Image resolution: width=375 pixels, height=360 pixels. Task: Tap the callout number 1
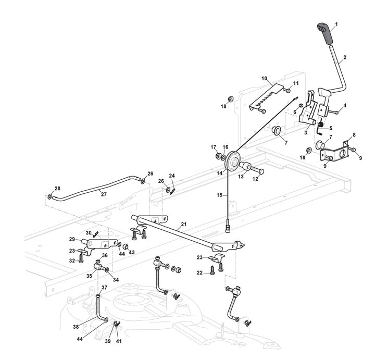[336, 24]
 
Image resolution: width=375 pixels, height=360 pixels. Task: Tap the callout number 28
[57, 189]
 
